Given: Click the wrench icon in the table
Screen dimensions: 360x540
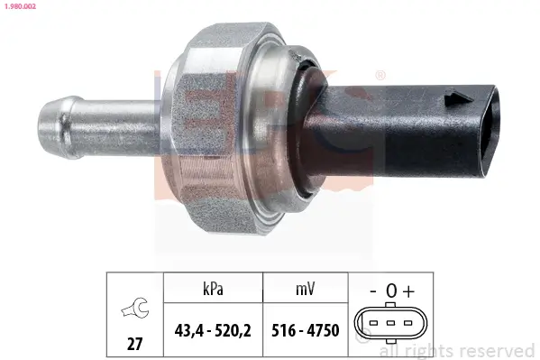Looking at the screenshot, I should pyautogui.click(x=134, y=309).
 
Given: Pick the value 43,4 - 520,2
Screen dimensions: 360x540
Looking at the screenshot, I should pyautogui.click(x=212, y=330).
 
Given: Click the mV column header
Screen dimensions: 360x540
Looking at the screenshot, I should pyautogui.click(x=304, y=290).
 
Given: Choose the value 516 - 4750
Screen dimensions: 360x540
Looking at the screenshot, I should pyautogui.click(x=304, y=330).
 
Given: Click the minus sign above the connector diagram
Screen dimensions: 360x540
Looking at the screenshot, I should pyautogui.click(x=372, y=291).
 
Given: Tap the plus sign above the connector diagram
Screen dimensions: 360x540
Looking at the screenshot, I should pyautogui.click(x=408, y=291).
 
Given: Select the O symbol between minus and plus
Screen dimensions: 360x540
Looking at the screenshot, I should pyautogui.click(x=390, y=291).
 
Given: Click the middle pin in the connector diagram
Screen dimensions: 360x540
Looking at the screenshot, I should pyautogui.click(x=390, y=322).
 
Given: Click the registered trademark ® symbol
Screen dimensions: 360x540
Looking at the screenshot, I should pyautogui.click(x=380, y=75).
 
